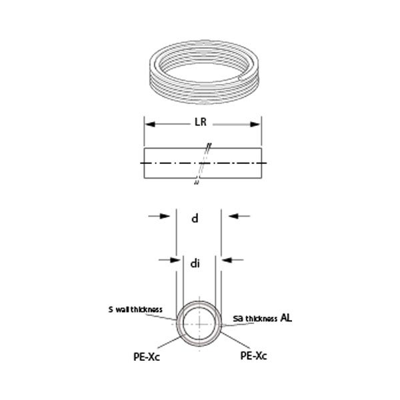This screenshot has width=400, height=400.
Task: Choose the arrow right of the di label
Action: click(x=231, y=256)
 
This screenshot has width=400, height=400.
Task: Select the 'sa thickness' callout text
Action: click(x=258, y=318)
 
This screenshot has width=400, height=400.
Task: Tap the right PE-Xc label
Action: click(x=254, y=356)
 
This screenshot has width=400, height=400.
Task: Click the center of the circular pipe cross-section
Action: click(x=199, y=323)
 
